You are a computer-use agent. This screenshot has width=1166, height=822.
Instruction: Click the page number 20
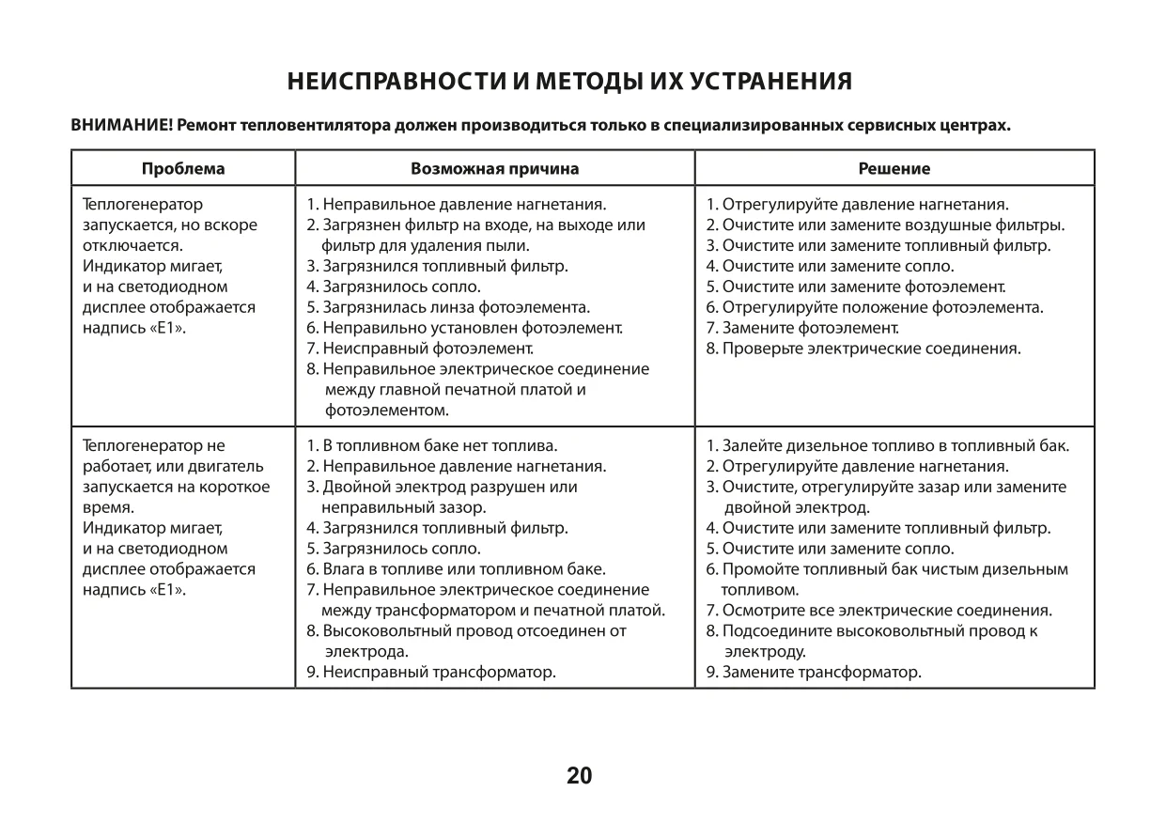pyautogui.click(x=580, y=776)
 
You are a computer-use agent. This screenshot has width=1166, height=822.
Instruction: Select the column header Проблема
pyautogui.click(x=183, y=169)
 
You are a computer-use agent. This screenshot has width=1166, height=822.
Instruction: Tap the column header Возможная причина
pyautogui.click(x=494, y=169)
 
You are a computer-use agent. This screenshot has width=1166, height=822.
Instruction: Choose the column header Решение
pyautogui.click(x=894, y=169)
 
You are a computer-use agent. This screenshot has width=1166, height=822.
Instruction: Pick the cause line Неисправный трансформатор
pyautogui.click(x=431, y=672)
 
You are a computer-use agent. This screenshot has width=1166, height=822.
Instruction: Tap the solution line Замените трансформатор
pyautogui.click(x=814, y=672)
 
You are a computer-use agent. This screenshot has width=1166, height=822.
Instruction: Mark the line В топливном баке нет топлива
pyautogui.click(x=432, y=445)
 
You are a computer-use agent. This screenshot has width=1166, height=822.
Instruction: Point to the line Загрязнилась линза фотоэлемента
pyautogui.click(x=448, y=307)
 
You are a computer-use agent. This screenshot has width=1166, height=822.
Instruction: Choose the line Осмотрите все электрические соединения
pyautogui.click(x=878, y=610)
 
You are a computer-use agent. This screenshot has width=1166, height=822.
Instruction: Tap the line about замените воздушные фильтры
pyautogui.click(x=885, y=225)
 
